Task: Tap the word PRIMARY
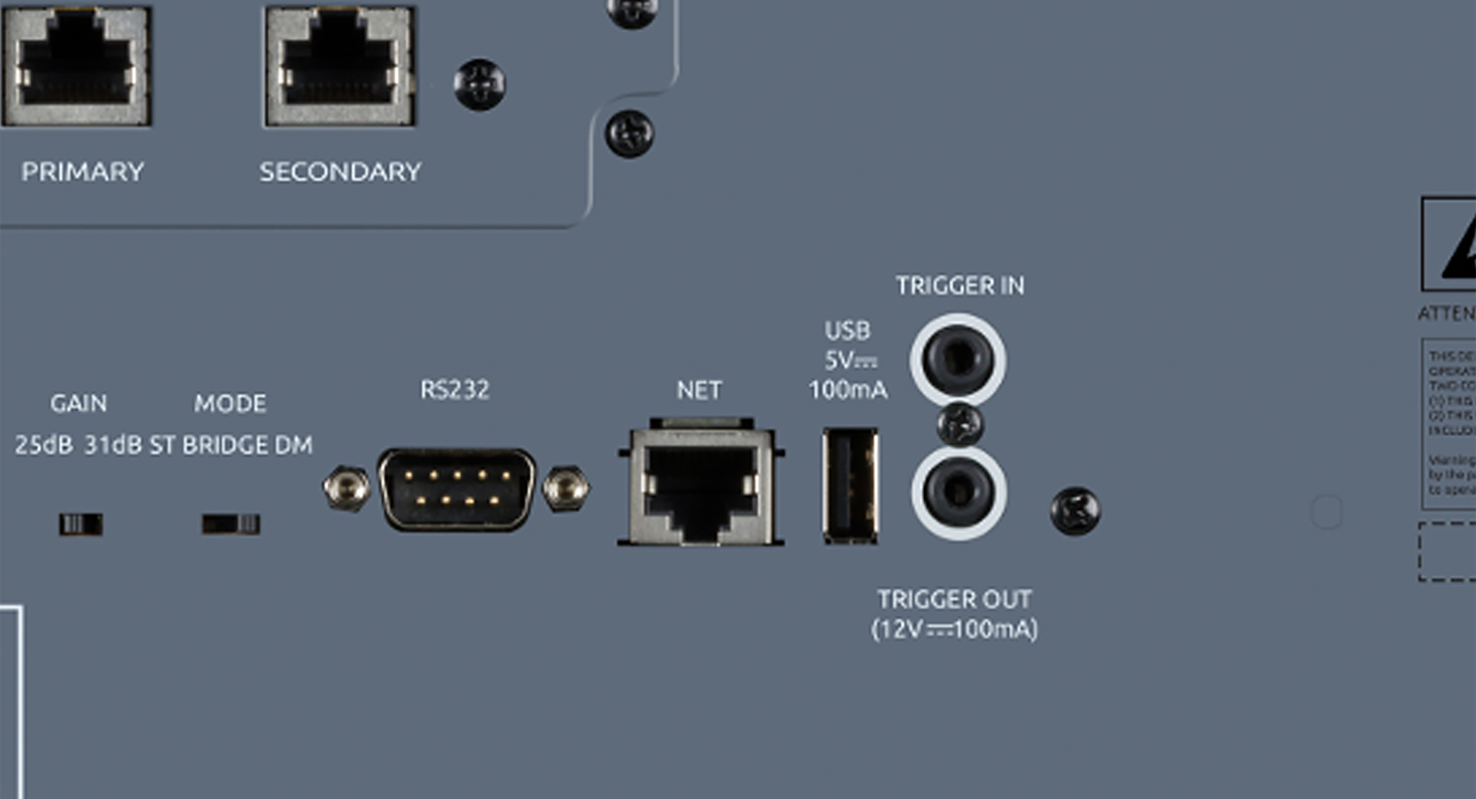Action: coord(83,172)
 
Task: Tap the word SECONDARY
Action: coord(340,172)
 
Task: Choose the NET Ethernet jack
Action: coord(700,487)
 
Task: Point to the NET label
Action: coord(699,391)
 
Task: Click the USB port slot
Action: coord(850,486)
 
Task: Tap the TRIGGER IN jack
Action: coord(957,360)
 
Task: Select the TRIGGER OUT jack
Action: coord(958,493)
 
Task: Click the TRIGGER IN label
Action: coord(960,286)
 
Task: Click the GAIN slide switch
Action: coord(81,524)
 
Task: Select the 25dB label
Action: coord(44,445)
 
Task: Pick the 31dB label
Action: coord(113,445)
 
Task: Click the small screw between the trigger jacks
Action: coord(960,425)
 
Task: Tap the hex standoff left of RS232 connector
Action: coord(346,489)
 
